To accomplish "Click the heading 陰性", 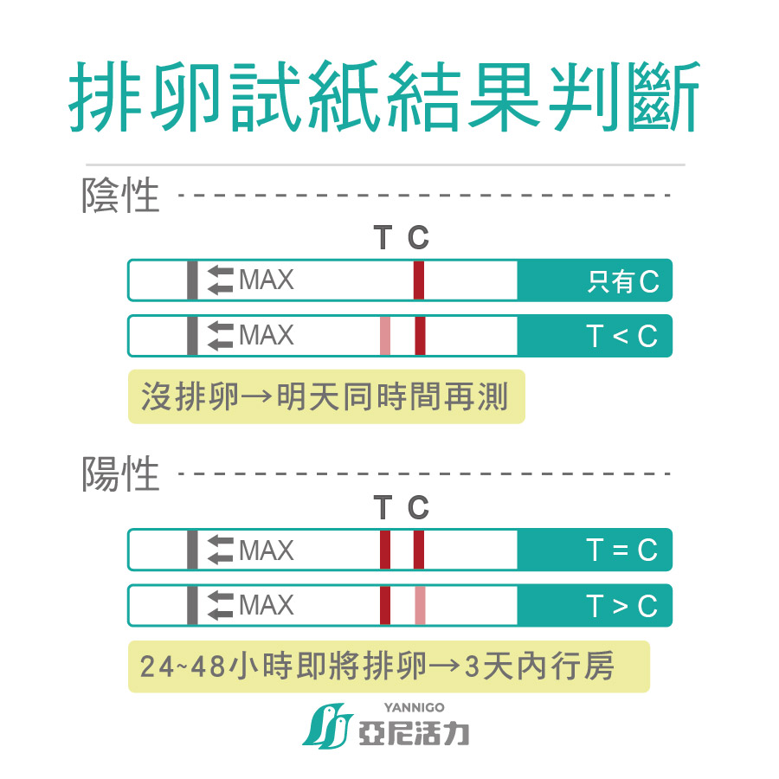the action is pyautogui.click(x=120, y=196).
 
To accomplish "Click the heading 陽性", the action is pyautogui.click(x=120, y=473).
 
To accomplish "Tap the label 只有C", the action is pyautogui.click(x=623, y=281).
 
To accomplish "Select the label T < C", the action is pyautogui.click(x=622, y=337).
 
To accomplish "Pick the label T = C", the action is pyautogui.click(x=622, y=550).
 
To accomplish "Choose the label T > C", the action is pyautogui.click(x=622, y=606).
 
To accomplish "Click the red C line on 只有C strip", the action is pyautogui.click(x=419, y=280).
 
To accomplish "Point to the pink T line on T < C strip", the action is pyautogui.click(x=385, y=336).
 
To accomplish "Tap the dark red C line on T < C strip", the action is pyautogui.click(x=420, y=336).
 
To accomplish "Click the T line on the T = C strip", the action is pyautogui.click(x=385, y=550).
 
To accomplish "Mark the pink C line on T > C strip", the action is pyautogui.click(x=420, y=606).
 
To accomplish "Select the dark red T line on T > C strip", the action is pyautogui.click(x=385, y=606).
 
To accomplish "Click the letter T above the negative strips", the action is pyautogui.click(x=383, y=237).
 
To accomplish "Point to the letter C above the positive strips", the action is pyautogui.click(x=418, y=508).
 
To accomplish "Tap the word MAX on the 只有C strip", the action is pyautogui.click(x=267, y=280).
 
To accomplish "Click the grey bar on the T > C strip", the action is pyautogui.click(x=192, y=606).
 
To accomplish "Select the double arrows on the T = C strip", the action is pyautogui.click(x=220, y=550).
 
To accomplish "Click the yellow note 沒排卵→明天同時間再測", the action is pyautogui.click(x=326, y=396).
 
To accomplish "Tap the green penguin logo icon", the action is pyautogui.click(x=327, y=725).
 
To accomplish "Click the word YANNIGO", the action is pyautogui.click(x=414, y=707).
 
